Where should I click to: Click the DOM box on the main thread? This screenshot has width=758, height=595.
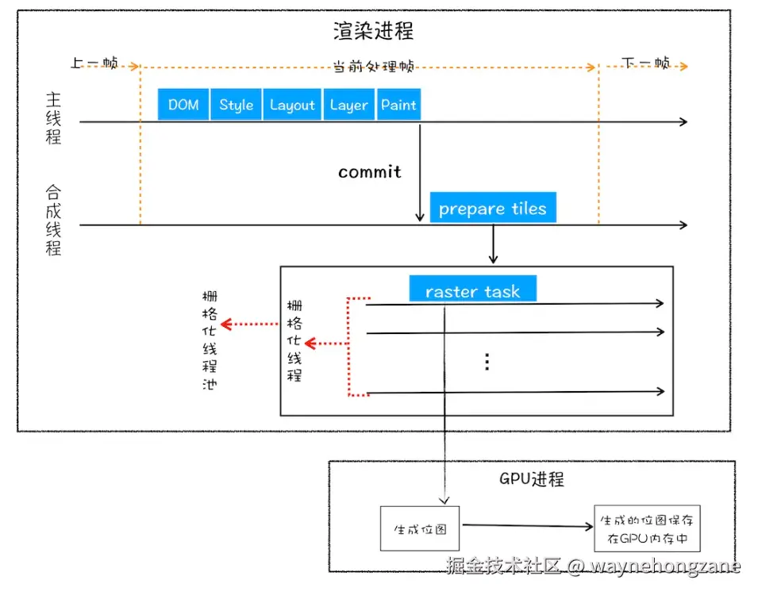[x=183, y=105]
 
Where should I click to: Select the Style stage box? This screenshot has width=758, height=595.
[x=237, y=105]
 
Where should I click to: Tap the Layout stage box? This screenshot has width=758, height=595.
[x=292, y=105]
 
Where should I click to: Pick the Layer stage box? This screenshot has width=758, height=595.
[x=349, y=105]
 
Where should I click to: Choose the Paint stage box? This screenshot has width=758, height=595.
[x=398, y=105]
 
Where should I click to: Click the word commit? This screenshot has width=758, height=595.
[x=370, y=172]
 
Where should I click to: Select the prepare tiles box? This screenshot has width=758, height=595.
[x=493, y=209]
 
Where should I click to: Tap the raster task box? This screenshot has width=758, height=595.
[x=473, y=290]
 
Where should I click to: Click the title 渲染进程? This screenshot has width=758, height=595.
[x=373, y=32]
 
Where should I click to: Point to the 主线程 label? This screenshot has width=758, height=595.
[x=53, y=117]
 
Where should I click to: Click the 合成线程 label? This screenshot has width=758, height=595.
[x=53, y=220]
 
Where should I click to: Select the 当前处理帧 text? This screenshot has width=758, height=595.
[x=373, y=67]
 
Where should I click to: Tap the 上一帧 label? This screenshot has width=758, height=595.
[x=94, y=63]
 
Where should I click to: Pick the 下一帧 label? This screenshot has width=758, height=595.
[x=645, y=63]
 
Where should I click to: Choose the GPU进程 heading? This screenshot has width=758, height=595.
[x=532, y=480]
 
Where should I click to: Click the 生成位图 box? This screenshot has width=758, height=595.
[x=420, y=528]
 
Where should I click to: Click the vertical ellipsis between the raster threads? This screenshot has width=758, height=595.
[x=487, y=362]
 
